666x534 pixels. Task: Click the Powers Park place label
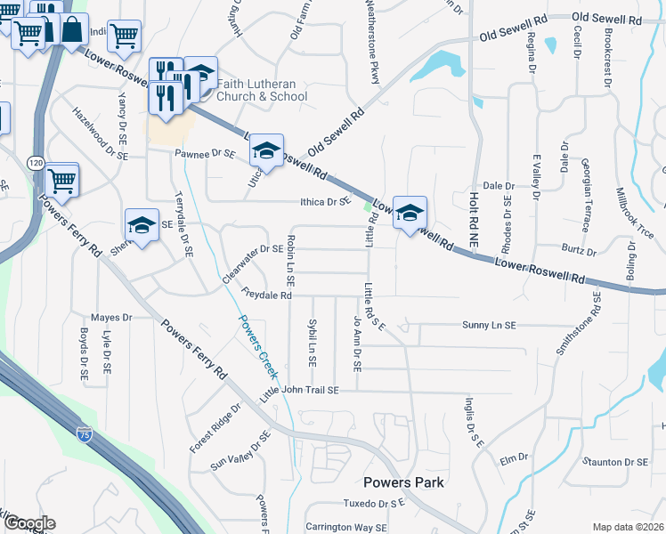coord(402,482)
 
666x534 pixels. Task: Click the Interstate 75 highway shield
coord(84,434)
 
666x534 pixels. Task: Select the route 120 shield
coord(35,163)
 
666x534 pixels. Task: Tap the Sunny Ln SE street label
coord(489,326)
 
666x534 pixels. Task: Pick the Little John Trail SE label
coord(300,391)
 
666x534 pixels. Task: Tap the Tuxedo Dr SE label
coord(376,504)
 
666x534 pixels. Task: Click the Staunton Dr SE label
coord(615,462)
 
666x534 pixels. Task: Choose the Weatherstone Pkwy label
coord(372,42)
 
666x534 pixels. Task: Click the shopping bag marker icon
coord(73,31)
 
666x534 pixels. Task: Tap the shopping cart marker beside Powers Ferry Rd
coord(61,181)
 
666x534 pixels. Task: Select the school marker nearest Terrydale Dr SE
coord(142,226)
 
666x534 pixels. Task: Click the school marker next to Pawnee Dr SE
coord(266,151)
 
